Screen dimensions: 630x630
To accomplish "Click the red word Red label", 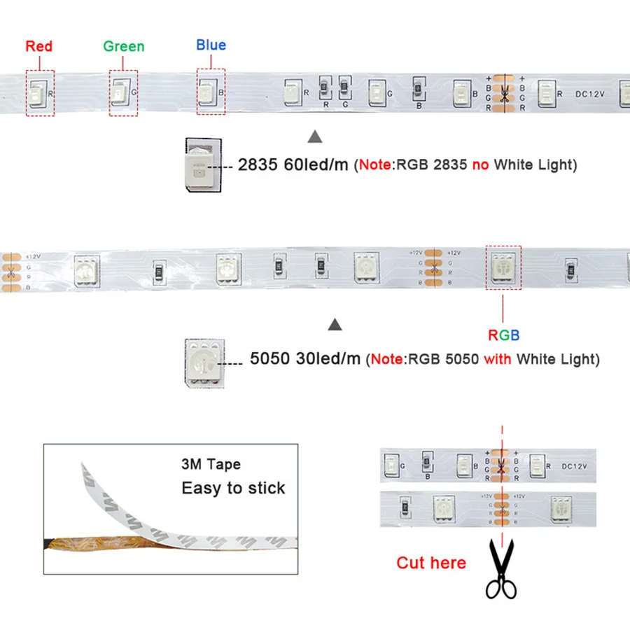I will click(x=39, y=46).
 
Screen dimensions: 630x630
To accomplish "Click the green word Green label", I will click(x=123, y=46).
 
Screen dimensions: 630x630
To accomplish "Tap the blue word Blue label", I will click(x=211, y=45).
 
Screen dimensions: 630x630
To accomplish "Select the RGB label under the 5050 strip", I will click(x=504, y=335).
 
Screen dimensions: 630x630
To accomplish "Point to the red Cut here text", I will click(x=430, y=562).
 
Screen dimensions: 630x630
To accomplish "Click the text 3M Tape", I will click(x=211, y=464).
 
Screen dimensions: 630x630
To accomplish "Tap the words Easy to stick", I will click(x=233, y=488).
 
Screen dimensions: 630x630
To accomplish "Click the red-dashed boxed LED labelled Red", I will click(x=39, y=92).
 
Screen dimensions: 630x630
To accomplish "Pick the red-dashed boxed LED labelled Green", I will click(x=122, y=92).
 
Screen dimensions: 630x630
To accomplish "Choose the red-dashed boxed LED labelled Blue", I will click(x=210, y=92).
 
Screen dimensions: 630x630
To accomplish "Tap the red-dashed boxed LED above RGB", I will click(x=503, y=267).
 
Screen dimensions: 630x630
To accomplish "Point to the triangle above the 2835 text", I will click(x=315, y=136).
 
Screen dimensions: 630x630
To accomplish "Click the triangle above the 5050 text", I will click(x=335, y=325).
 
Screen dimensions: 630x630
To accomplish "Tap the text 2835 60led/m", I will click(x=293, y=166).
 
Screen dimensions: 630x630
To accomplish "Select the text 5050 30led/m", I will click(x=305, y=359).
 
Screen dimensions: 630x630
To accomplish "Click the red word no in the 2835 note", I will click(x=481, y=165).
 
